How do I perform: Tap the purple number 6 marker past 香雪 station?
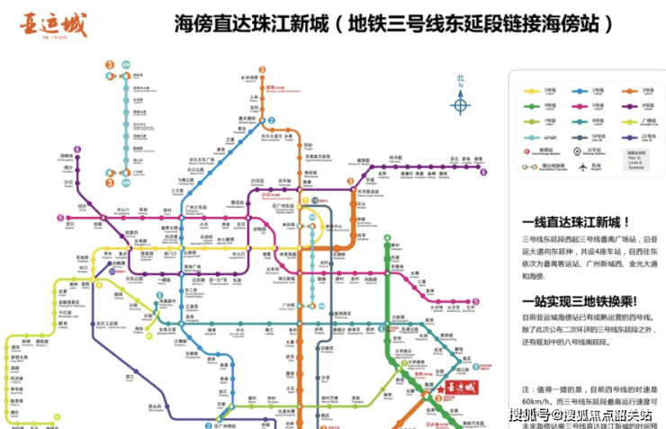(x=482, y=171)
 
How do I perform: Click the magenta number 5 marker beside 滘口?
(x=60, y=218)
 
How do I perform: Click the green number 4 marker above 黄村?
(x=388, y=238)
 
